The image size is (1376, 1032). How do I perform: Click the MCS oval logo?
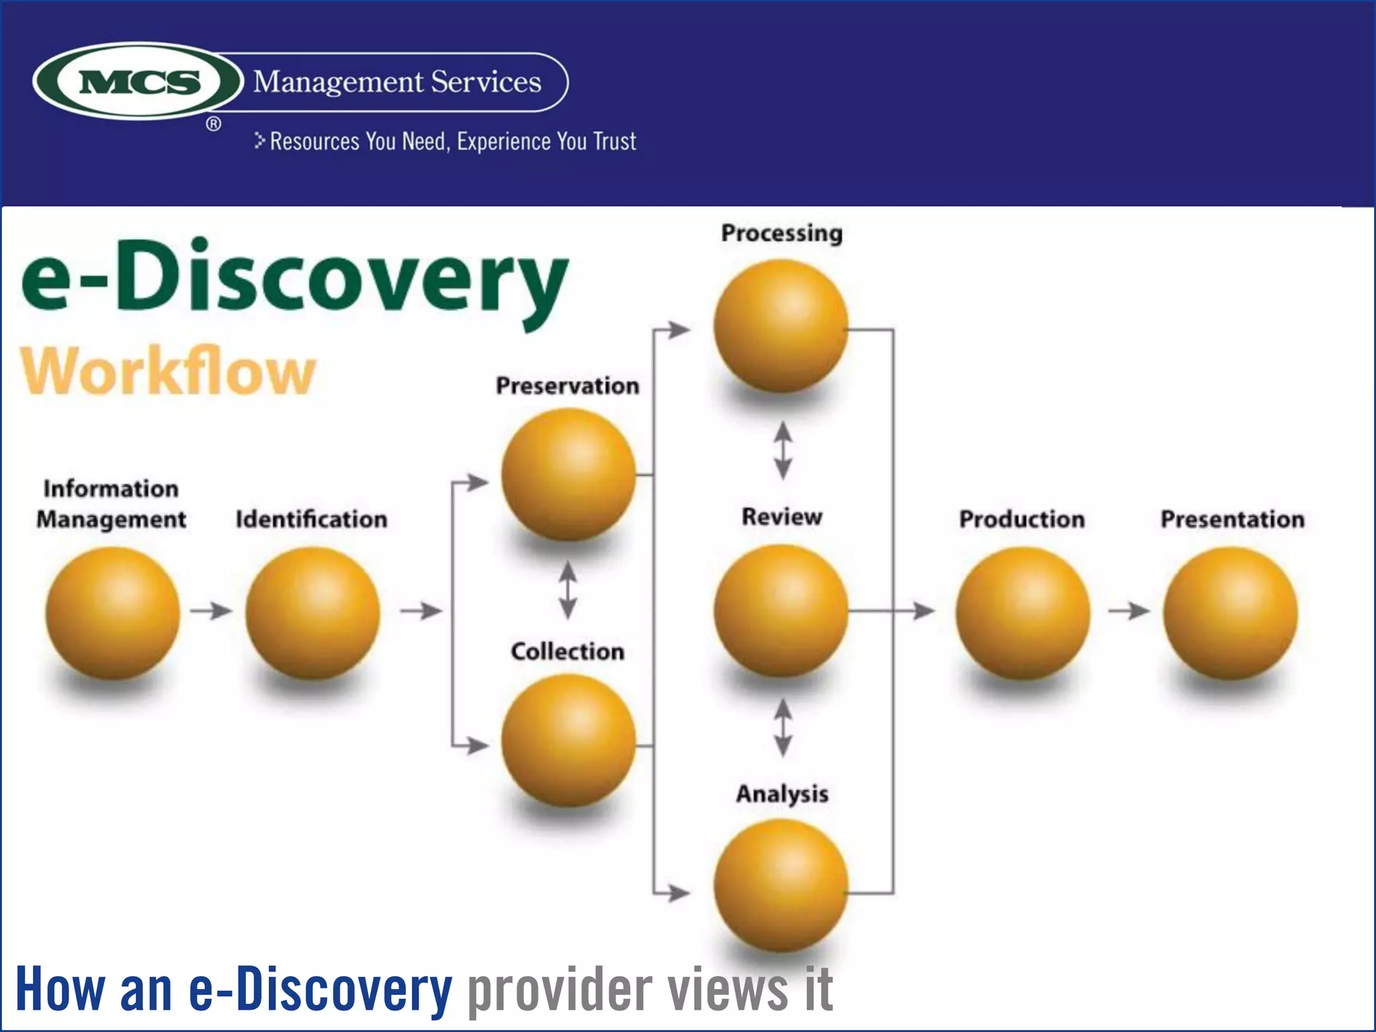(138, 81)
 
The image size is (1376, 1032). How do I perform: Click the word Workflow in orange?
(168, 371)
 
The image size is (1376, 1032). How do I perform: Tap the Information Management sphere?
(112, 613)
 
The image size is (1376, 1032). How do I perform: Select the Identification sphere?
(312, 613)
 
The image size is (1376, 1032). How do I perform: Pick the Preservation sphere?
(568, 474)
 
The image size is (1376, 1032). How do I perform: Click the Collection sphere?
(568, 740)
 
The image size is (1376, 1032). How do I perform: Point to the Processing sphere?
(780, 327)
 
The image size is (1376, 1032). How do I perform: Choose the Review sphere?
(780, 610)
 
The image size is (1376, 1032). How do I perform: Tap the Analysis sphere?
(780, 886)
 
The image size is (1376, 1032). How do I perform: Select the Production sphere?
(1022, 613)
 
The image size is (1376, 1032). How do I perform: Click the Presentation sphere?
(1230, 613)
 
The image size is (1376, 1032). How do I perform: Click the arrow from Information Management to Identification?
(211, 611)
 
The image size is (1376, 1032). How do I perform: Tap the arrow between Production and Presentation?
(1129, 611)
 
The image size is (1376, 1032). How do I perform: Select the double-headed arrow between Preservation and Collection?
(568, 591)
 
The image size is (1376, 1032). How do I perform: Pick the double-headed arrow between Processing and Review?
(783, 450)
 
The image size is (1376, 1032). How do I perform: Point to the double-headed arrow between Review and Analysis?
(783, 728)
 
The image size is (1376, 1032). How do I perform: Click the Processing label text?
(781, 233)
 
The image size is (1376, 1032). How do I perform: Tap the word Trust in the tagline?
(614, 142)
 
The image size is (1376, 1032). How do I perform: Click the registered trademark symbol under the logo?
(214, 124)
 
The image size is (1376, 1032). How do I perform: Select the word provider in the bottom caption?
(560, 989)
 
